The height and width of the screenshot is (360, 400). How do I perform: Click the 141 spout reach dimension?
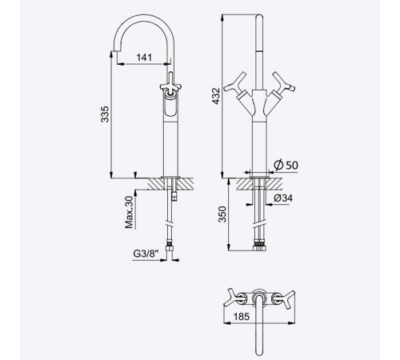click(144, 58)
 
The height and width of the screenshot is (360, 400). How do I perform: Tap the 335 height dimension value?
click(105, 114)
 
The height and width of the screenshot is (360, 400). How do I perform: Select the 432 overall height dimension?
click(216, 96)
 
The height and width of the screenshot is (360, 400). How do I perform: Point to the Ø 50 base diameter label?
click(286, 165)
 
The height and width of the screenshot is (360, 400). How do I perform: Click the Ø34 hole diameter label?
click(283, 198)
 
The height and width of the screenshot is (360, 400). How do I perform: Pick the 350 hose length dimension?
click(222, 214)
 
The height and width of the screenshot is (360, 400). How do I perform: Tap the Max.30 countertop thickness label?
click(130, 212)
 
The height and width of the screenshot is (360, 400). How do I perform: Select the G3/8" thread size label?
click(146, 254)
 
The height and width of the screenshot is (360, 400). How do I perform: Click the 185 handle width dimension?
click(242, 317)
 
